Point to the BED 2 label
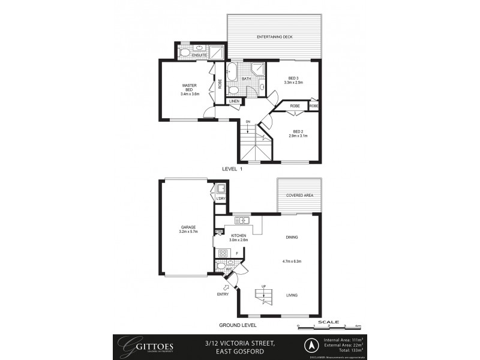298,131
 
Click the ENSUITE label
200,55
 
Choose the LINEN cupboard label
234,101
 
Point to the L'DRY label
221,198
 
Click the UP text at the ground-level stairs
263,286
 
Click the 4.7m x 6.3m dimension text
291,261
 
